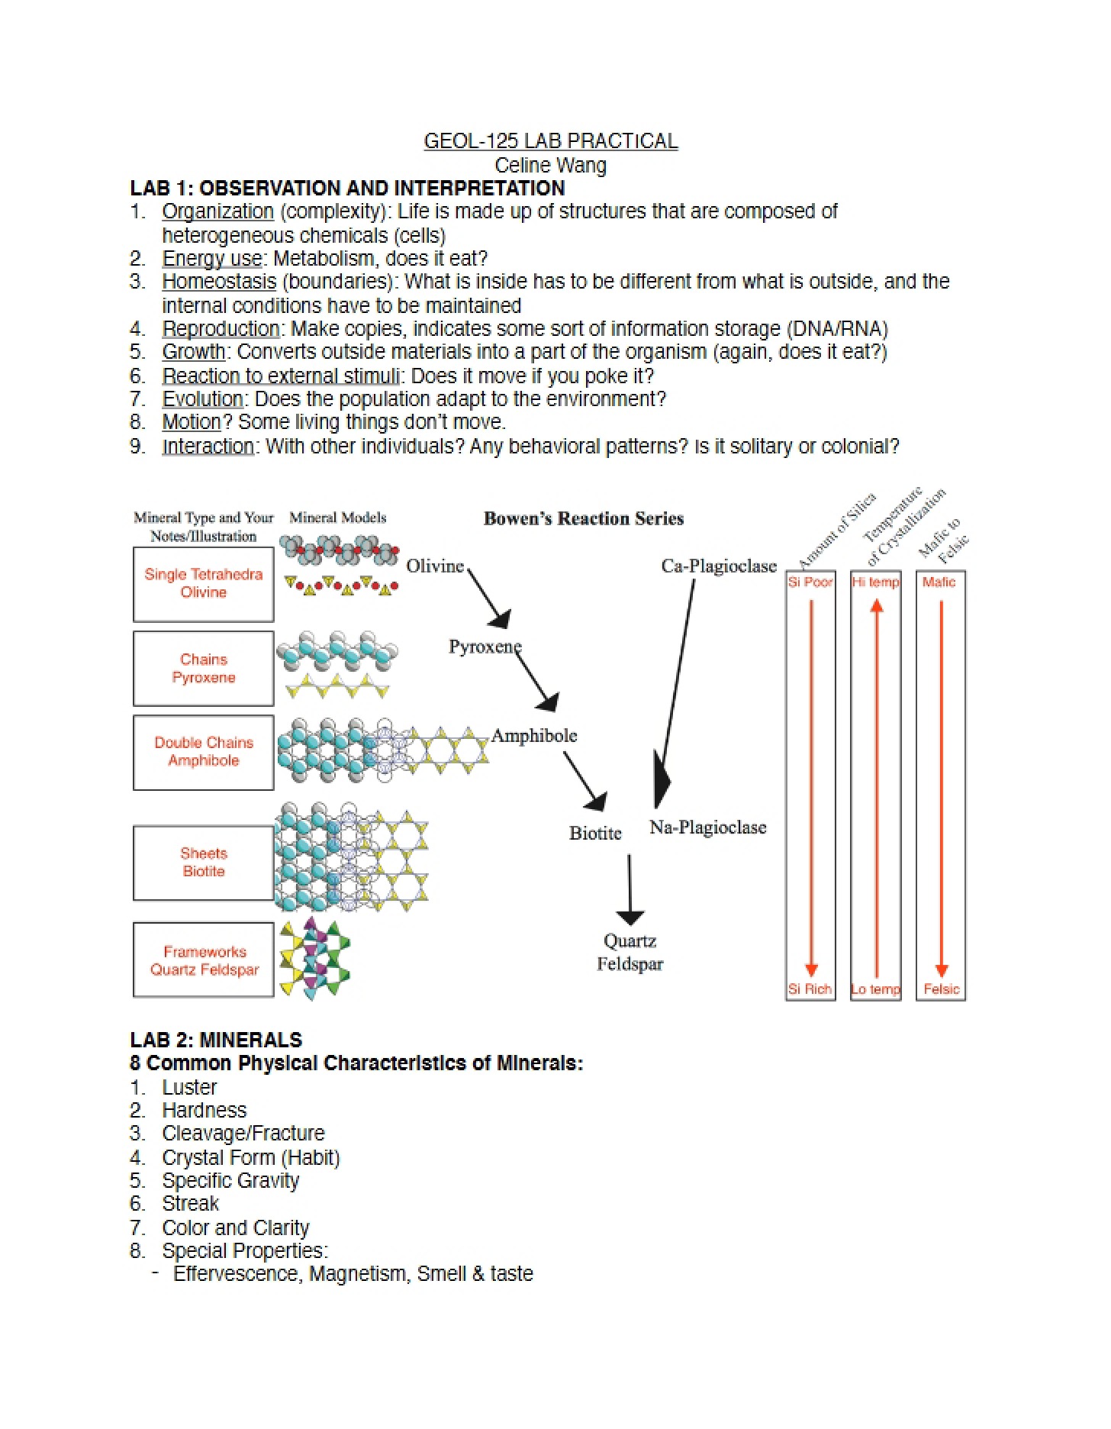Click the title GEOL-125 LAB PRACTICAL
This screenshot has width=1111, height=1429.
click(550, 141)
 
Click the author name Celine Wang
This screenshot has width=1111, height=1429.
click(550, 165)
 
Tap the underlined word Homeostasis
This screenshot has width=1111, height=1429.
click(219, 282)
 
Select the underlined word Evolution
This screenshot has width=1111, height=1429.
click(202, 399)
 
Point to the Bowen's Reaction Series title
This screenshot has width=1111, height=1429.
click(584, 518)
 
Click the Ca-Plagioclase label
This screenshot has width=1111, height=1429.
click(719, 566)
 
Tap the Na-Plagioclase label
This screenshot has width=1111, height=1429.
click(708, 827)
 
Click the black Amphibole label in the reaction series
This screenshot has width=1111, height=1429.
click(534, 736)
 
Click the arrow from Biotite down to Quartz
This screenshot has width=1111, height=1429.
click(630, 889)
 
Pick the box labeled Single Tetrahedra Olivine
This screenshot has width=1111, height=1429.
click(204, 584)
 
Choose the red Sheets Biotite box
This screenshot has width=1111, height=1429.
click(204, 863)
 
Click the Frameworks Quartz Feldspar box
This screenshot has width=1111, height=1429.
click(204, 960)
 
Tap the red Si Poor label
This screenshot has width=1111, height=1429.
click(810, 582)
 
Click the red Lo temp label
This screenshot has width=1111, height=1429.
click(876, 989)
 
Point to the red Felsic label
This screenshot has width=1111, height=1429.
click(942, 989)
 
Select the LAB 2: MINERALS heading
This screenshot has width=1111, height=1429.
click(216, 1040)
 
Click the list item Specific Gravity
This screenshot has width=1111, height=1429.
click(230, 1181)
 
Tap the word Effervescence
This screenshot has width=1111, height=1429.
click(236, 1274)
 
